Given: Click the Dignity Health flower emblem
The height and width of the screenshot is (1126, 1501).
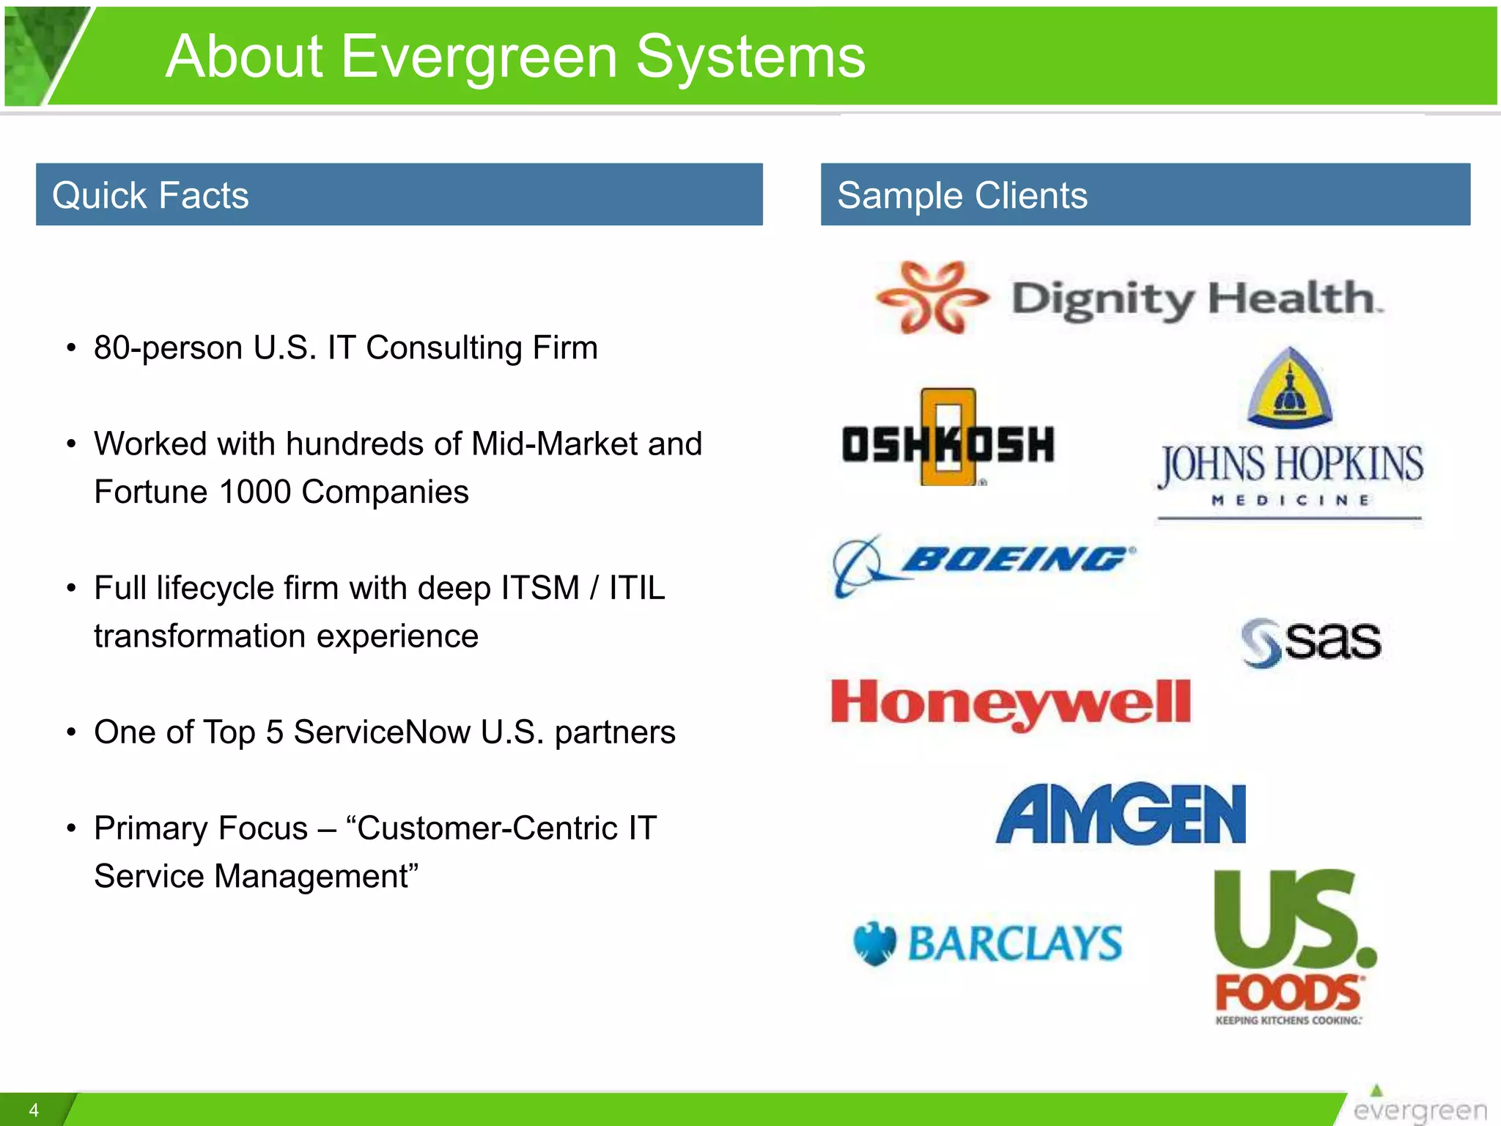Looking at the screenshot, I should tap(932, 297).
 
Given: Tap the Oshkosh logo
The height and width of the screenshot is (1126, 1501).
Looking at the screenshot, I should tap(948, 442).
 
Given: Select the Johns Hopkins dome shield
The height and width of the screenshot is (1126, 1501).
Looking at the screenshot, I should tap(1289, 389).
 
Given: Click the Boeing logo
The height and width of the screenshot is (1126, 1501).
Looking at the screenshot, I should tap(984, 563).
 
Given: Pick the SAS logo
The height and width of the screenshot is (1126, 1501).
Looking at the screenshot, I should tap(1311, 642).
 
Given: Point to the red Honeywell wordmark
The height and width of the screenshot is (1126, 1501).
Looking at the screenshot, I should tap(1011, 703).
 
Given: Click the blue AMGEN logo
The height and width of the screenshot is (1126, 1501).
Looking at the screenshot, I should tap(1121, 814).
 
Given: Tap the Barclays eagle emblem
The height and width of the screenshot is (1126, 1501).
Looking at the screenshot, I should tap(875, 943).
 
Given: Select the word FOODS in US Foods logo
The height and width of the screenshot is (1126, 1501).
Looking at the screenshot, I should tap(1288, 993).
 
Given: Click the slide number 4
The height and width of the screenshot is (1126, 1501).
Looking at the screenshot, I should tap(34, 1110).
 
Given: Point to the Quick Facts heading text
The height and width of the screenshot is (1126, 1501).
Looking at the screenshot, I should tap(150, 196).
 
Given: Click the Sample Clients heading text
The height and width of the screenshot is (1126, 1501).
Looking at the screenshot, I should tap(962, 196).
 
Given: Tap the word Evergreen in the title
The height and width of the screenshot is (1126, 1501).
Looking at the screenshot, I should tap(479, 57).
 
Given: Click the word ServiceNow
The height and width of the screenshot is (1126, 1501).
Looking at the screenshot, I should tap(381, 732).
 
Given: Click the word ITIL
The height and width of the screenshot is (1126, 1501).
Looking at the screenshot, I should tap(637, 588).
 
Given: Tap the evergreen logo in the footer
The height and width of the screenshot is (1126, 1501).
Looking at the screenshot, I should tap(1419, 1107).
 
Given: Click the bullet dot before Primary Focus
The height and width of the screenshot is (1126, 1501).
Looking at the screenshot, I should tap(71, 829).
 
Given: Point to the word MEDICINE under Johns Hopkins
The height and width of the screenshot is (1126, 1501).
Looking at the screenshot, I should tap(1290, 501).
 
